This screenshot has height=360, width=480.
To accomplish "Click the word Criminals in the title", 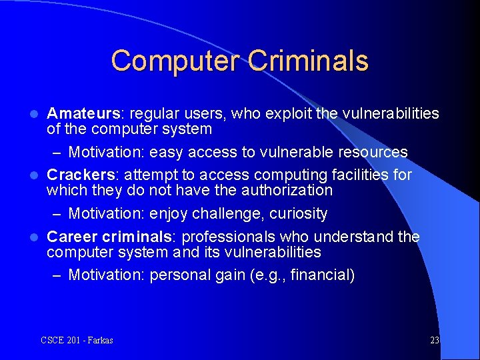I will pos(308,61).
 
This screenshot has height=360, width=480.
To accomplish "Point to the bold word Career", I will pos(72,237).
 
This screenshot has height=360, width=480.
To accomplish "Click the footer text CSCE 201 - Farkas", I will pos(77,341).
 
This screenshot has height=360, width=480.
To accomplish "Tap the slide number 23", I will pos(435,341).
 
